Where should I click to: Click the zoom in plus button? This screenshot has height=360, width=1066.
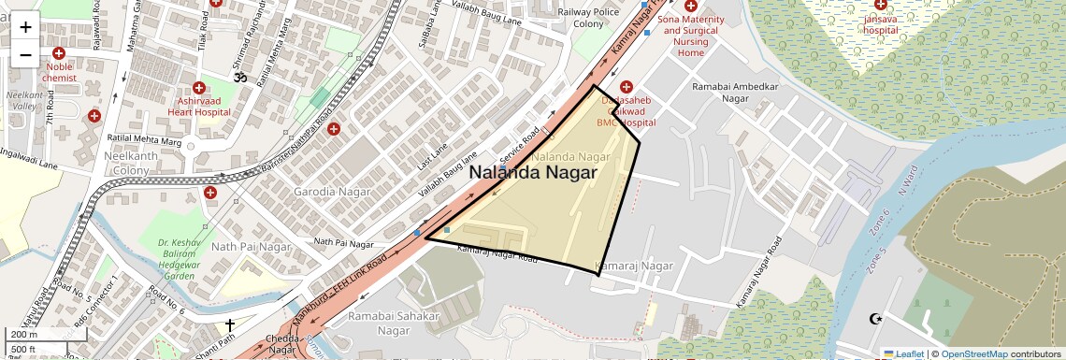click(25, 26)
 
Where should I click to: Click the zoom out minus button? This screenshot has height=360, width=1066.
click(25, 55)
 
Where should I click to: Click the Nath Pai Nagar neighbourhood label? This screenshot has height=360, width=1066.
click(252, 247)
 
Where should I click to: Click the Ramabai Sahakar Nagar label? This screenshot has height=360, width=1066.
click(394, 323)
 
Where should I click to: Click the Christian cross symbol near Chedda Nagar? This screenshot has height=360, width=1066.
click(229, 325)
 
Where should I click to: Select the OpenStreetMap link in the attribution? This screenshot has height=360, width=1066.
click(974, 353)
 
